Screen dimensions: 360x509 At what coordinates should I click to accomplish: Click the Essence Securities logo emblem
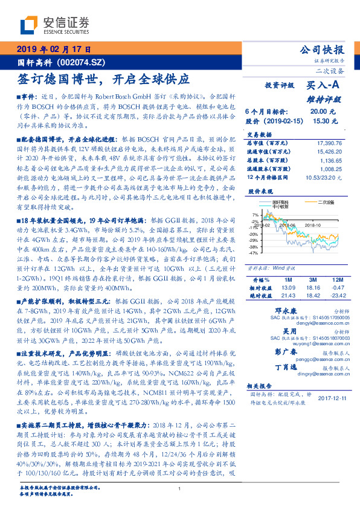tap(30, 26)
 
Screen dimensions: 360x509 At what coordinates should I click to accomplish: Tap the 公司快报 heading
tap(322, 50)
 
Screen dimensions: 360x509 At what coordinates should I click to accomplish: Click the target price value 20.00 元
tap(319, 111)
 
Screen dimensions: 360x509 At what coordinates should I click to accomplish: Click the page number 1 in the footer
tap(180, 488)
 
